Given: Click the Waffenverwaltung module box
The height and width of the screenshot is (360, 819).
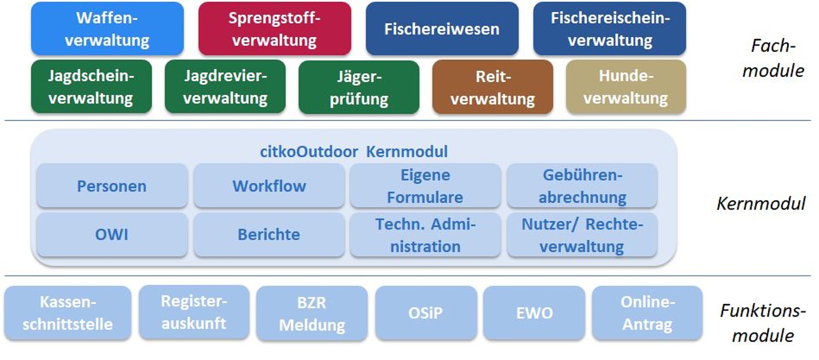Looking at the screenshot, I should tap(107, 29).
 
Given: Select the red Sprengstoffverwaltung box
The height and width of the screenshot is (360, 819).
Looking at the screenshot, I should tap(274, 29).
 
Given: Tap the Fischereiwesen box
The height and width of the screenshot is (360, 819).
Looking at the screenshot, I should tap(442, 29).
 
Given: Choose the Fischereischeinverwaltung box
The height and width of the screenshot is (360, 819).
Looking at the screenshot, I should tap(610, 29).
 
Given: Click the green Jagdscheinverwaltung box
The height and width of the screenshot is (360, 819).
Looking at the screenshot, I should tap(91, 87).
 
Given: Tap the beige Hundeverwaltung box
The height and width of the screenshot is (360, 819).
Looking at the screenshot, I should tap(626, 87).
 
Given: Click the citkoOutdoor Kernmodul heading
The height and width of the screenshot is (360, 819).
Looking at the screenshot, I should tap(354, 151).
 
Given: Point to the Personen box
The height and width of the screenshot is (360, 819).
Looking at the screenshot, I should tap(112, 186).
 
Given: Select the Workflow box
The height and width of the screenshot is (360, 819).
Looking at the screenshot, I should tap(269, 186).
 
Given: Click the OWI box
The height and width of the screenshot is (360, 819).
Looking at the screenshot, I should tap(112, 235).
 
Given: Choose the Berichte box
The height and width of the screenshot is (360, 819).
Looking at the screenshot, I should tap(269, 235).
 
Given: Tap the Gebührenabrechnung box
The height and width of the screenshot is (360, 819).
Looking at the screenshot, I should tap(582, 186).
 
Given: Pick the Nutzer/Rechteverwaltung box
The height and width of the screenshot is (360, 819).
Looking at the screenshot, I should tap(582, 235).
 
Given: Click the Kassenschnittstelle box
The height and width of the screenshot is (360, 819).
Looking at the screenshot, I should tap(68, 313).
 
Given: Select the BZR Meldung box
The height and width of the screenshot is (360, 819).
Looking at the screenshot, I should tap(312, 314).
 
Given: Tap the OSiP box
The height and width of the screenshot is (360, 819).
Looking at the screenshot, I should tap(426, 313).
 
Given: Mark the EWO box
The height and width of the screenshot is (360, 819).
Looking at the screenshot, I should tap(534, 313).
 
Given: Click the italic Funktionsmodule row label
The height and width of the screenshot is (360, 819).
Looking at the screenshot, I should tap(763, 323).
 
